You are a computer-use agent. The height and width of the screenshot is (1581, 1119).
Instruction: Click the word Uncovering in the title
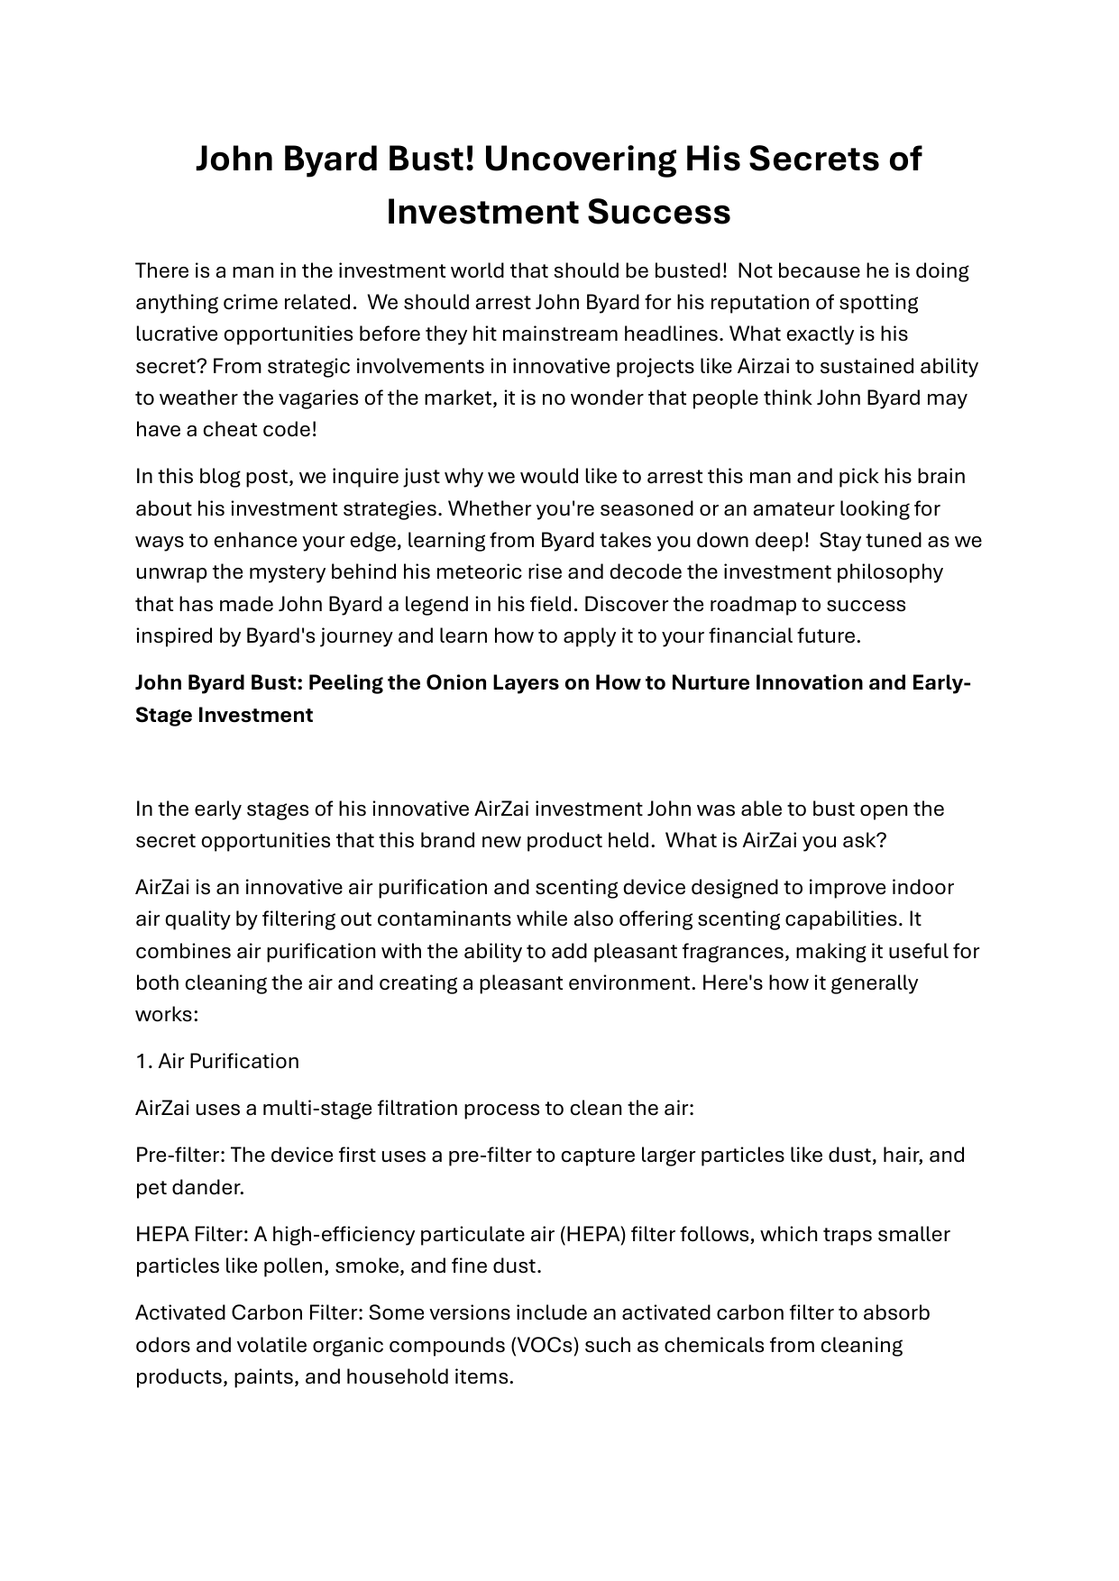[580, 159]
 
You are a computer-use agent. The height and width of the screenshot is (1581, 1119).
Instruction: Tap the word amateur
[793, 508]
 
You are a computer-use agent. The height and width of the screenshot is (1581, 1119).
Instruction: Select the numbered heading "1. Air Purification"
[217, 1061]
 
